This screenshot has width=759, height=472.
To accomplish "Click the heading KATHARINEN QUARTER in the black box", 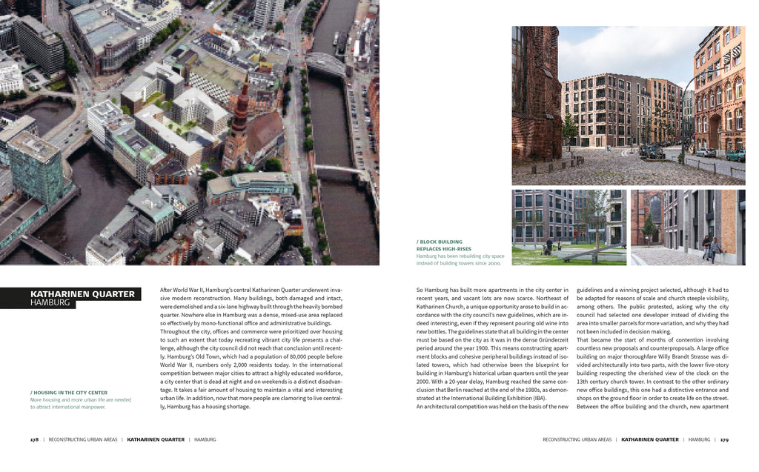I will [82, 294].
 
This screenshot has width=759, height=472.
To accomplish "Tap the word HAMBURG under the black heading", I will [50, 303].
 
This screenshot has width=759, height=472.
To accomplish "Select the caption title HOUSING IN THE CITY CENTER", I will [70, 392].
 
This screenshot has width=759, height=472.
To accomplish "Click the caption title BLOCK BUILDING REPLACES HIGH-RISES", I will [440, 245].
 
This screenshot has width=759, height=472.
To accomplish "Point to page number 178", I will [34, 439].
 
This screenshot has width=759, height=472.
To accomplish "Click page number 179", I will [724, 439].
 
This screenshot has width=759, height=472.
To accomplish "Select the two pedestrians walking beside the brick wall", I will [711, 247].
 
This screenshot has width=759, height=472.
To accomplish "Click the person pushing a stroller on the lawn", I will [548, 246].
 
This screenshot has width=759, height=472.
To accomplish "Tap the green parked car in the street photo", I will [735, 156].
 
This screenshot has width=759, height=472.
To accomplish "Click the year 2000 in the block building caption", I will [493, 263].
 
